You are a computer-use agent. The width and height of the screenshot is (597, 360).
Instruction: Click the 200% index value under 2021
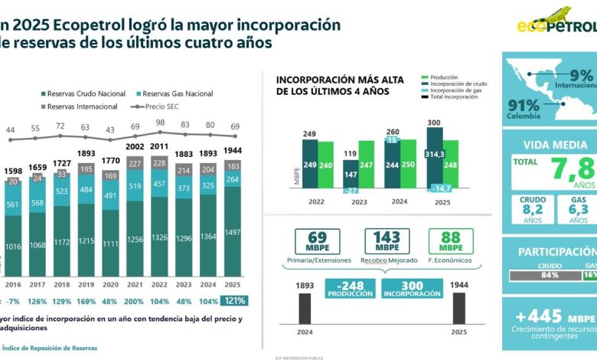(x=135, y=299)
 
